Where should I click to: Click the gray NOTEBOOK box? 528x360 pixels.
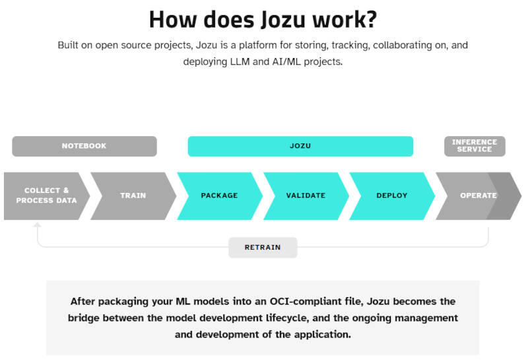click(84, 146)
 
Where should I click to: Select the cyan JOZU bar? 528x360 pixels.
click(300, 146)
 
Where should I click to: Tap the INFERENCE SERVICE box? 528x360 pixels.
click(475, 146)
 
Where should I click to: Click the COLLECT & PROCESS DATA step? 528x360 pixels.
click(46, 196)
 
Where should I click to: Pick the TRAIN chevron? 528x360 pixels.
click(133, 196)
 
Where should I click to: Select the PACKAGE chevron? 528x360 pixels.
click(220, 196)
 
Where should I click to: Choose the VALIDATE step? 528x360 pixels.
click(306, 196)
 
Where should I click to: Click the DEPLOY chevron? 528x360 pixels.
click(392, 196)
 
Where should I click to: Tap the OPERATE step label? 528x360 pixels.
click(478, 196)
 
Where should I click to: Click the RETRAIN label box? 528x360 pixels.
click(263, 248)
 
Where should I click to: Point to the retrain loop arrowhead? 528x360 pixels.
click(38, 225)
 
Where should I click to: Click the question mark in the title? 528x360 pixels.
click(370, 20)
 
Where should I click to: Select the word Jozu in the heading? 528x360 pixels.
click(284, 20)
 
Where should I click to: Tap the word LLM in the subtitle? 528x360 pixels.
click(240, 61)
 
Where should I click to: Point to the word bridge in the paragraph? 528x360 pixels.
click(84, 318)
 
